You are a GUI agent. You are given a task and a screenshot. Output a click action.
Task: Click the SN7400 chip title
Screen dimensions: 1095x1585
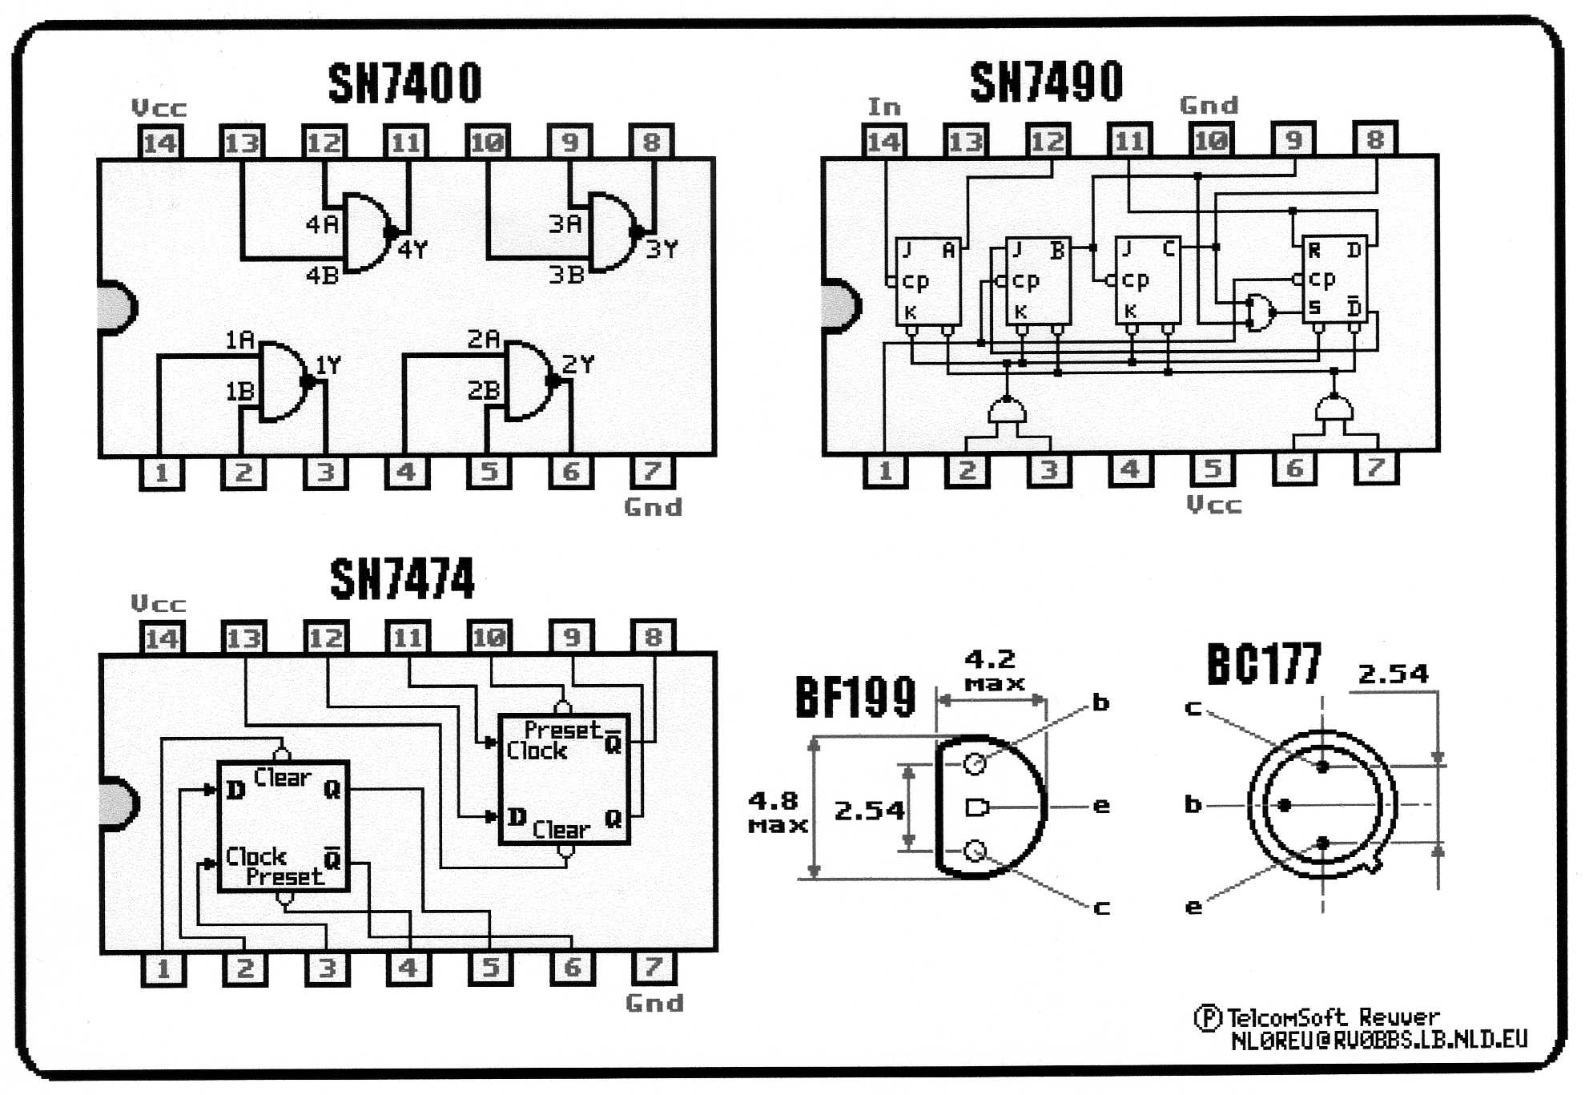point(405,83)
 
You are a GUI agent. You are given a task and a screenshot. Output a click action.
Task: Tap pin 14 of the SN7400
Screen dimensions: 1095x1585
point(159,143)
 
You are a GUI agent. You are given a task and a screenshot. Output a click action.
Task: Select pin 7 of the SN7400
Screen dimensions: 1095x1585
point(653,472)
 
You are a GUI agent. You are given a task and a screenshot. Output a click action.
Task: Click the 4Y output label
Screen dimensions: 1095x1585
point(413,250)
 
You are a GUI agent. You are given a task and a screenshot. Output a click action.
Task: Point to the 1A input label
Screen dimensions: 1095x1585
point(239,340)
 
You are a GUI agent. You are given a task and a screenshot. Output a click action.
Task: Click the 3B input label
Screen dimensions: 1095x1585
point(566,275)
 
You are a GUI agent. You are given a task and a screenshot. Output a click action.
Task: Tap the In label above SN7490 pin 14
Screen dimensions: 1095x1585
point(884,107)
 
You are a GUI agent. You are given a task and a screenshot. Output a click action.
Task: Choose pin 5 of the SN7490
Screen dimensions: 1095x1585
point(1213,469)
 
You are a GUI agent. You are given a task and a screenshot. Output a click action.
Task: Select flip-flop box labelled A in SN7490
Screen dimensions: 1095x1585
point(928,281)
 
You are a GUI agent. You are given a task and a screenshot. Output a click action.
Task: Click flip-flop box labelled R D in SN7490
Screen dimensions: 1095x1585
point(1334,280)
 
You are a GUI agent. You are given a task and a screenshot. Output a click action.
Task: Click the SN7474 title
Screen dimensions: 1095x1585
point(402,578)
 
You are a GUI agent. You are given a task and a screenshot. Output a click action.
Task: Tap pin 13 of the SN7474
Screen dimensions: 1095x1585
point(243,638)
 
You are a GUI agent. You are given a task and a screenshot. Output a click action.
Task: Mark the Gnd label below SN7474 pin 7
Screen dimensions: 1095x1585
point(654,1003)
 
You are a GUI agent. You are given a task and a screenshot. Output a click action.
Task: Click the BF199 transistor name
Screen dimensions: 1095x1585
point(855,697)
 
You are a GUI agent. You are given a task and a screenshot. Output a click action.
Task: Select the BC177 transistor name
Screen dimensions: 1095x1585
point(1264,663)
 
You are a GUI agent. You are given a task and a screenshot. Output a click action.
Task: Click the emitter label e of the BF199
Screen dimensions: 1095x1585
point(1102,806)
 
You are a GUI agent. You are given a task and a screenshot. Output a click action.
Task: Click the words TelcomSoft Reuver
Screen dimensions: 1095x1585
point(1333,1017)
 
